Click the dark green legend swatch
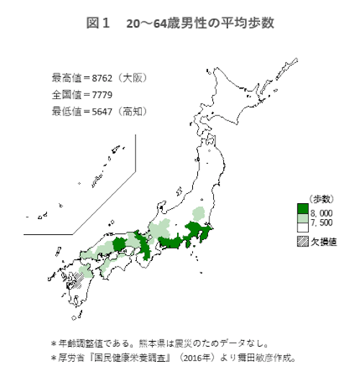click(x=302, y=209)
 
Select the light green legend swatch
click(x=302, y=218)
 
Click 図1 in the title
click(x=96, y=24)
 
